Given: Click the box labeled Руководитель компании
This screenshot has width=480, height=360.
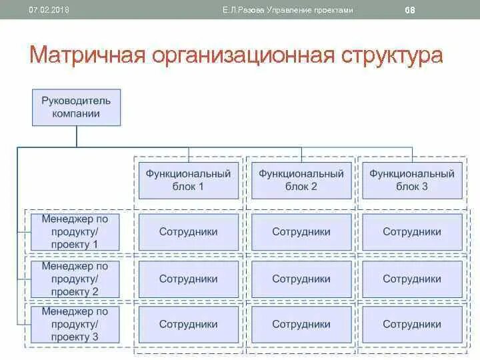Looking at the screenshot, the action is click(x=77, y=107).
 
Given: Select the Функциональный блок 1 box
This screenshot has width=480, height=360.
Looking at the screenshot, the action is click(x=189, y=179).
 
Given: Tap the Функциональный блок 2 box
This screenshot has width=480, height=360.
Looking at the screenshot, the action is click(x=301, y=179).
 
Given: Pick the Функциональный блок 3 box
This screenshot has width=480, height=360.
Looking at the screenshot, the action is click(x=412, y=179).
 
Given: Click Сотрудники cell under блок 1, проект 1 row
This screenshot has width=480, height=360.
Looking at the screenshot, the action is click(x=189, y=232).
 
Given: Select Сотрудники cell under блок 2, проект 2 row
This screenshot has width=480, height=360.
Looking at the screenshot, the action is click(x=301, y=279).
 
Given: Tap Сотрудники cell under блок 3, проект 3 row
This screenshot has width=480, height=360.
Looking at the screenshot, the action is click(x=412, y=325).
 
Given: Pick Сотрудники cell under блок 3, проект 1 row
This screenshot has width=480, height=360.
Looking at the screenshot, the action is click(x=412, y=232).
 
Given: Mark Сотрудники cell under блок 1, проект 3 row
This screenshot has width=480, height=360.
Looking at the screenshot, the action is click(x=189, y=325).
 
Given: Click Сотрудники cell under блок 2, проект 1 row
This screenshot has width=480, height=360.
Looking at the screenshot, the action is click(x=301, y=232).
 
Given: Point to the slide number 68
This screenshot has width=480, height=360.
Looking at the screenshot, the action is click(x=410, y=10).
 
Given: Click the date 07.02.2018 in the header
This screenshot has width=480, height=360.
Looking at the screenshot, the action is click(x=49, y=10).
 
